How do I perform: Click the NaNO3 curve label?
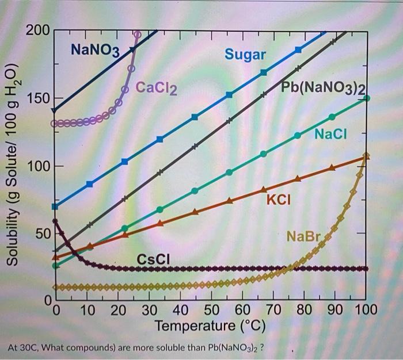tap(95, 50)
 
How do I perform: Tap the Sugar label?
tap(245, 55)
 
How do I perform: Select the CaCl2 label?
tap(157, 88)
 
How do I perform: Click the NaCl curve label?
tap(332, 134)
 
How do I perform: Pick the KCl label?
tap(279, 200)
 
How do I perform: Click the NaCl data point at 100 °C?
tap(367, 98)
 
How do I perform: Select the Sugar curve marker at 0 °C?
tap(55, 206)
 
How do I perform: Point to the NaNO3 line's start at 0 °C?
tap(55, 111)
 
